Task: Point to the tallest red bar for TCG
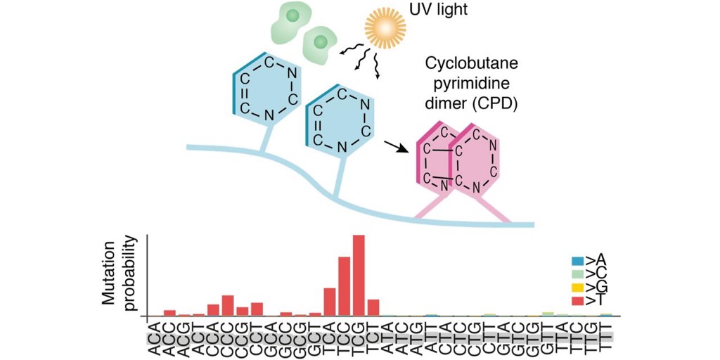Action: (x=359, y=276)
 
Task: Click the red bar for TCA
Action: (x=330, y=302)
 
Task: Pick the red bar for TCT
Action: (x=373, y=308)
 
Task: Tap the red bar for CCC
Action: (x=227, y=306)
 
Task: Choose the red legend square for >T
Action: (x=577, y=300)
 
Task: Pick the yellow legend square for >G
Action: (x=577, y=288)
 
